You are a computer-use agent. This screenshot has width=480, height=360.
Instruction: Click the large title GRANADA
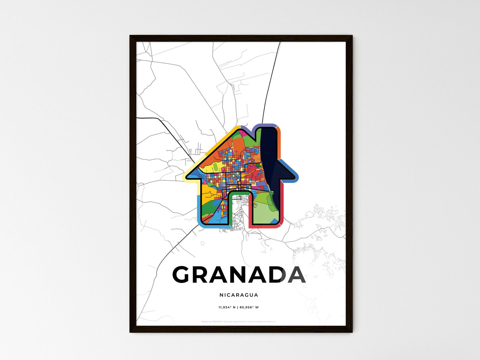tap(239, 275)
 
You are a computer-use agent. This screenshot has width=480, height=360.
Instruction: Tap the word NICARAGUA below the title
tap(239, 295)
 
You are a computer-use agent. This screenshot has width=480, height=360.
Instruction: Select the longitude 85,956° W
tap(249, 307)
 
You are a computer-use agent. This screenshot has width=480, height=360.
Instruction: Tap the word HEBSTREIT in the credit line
tap(217, 321)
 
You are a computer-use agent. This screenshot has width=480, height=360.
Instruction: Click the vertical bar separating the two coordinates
tap(238, 307)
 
